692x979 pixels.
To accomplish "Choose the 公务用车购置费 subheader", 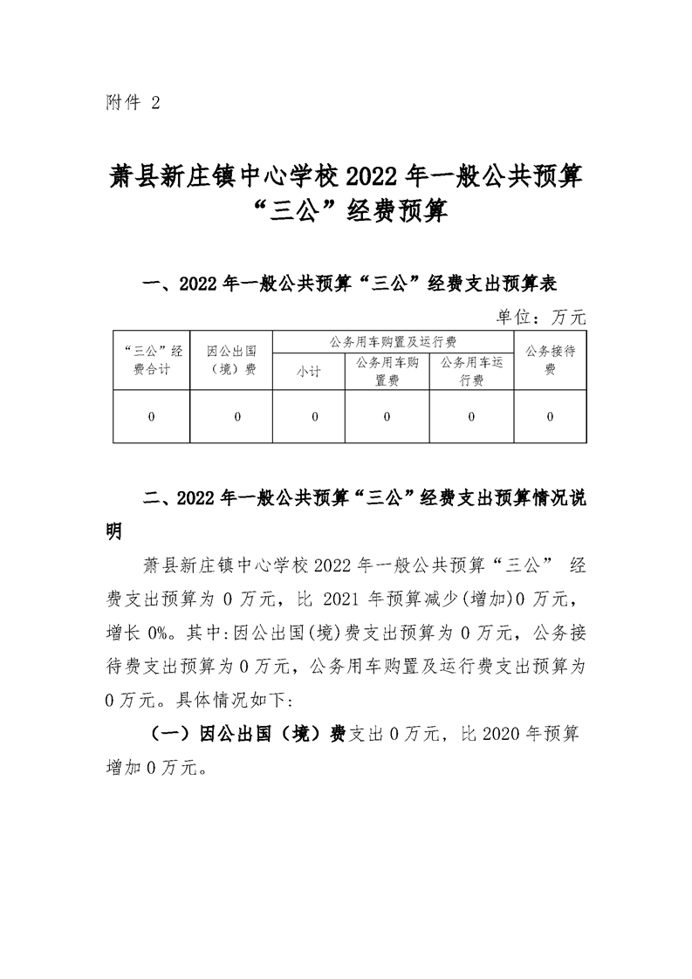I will click(x=387, y=371).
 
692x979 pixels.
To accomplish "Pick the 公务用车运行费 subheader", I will click(x=472, y=371).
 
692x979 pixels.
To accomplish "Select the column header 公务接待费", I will click(x=550, y=360).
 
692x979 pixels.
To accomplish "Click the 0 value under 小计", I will click(x=314, y=417).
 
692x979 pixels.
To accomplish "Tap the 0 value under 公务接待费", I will click(x=550, y=417).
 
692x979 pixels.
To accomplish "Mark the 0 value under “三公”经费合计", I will click(x=152, y=417).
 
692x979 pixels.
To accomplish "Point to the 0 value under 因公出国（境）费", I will click(x=236, y=417).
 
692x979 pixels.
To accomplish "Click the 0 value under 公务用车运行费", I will click(x=472, y=417).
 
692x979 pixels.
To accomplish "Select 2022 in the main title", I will click(x=372, y=177).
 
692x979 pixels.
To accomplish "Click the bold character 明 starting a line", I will click(x=113, y=531).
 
